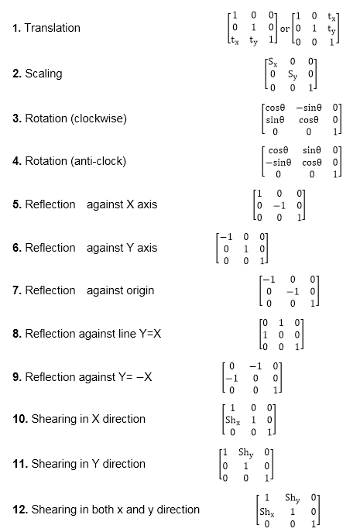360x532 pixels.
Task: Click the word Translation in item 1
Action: click(52, 28)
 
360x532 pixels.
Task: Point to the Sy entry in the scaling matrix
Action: click(293, 74)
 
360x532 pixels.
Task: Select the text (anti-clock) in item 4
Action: click(96, 161)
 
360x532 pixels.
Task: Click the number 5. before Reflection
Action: click(17, 204)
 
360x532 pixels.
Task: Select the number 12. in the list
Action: click(19, 509)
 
